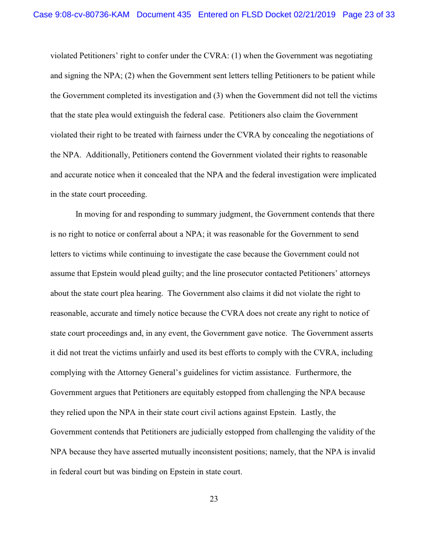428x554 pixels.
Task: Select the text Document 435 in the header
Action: pyautogui.click(x=164, y=15)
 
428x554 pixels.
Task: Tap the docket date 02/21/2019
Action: pyautogui.click(x=310, y=15)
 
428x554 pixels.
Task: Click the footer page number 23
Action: pyautogui.click(x=213, y=499)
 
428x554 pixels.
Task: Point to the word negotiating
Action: pyautogui.click(x=354, y=55)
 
